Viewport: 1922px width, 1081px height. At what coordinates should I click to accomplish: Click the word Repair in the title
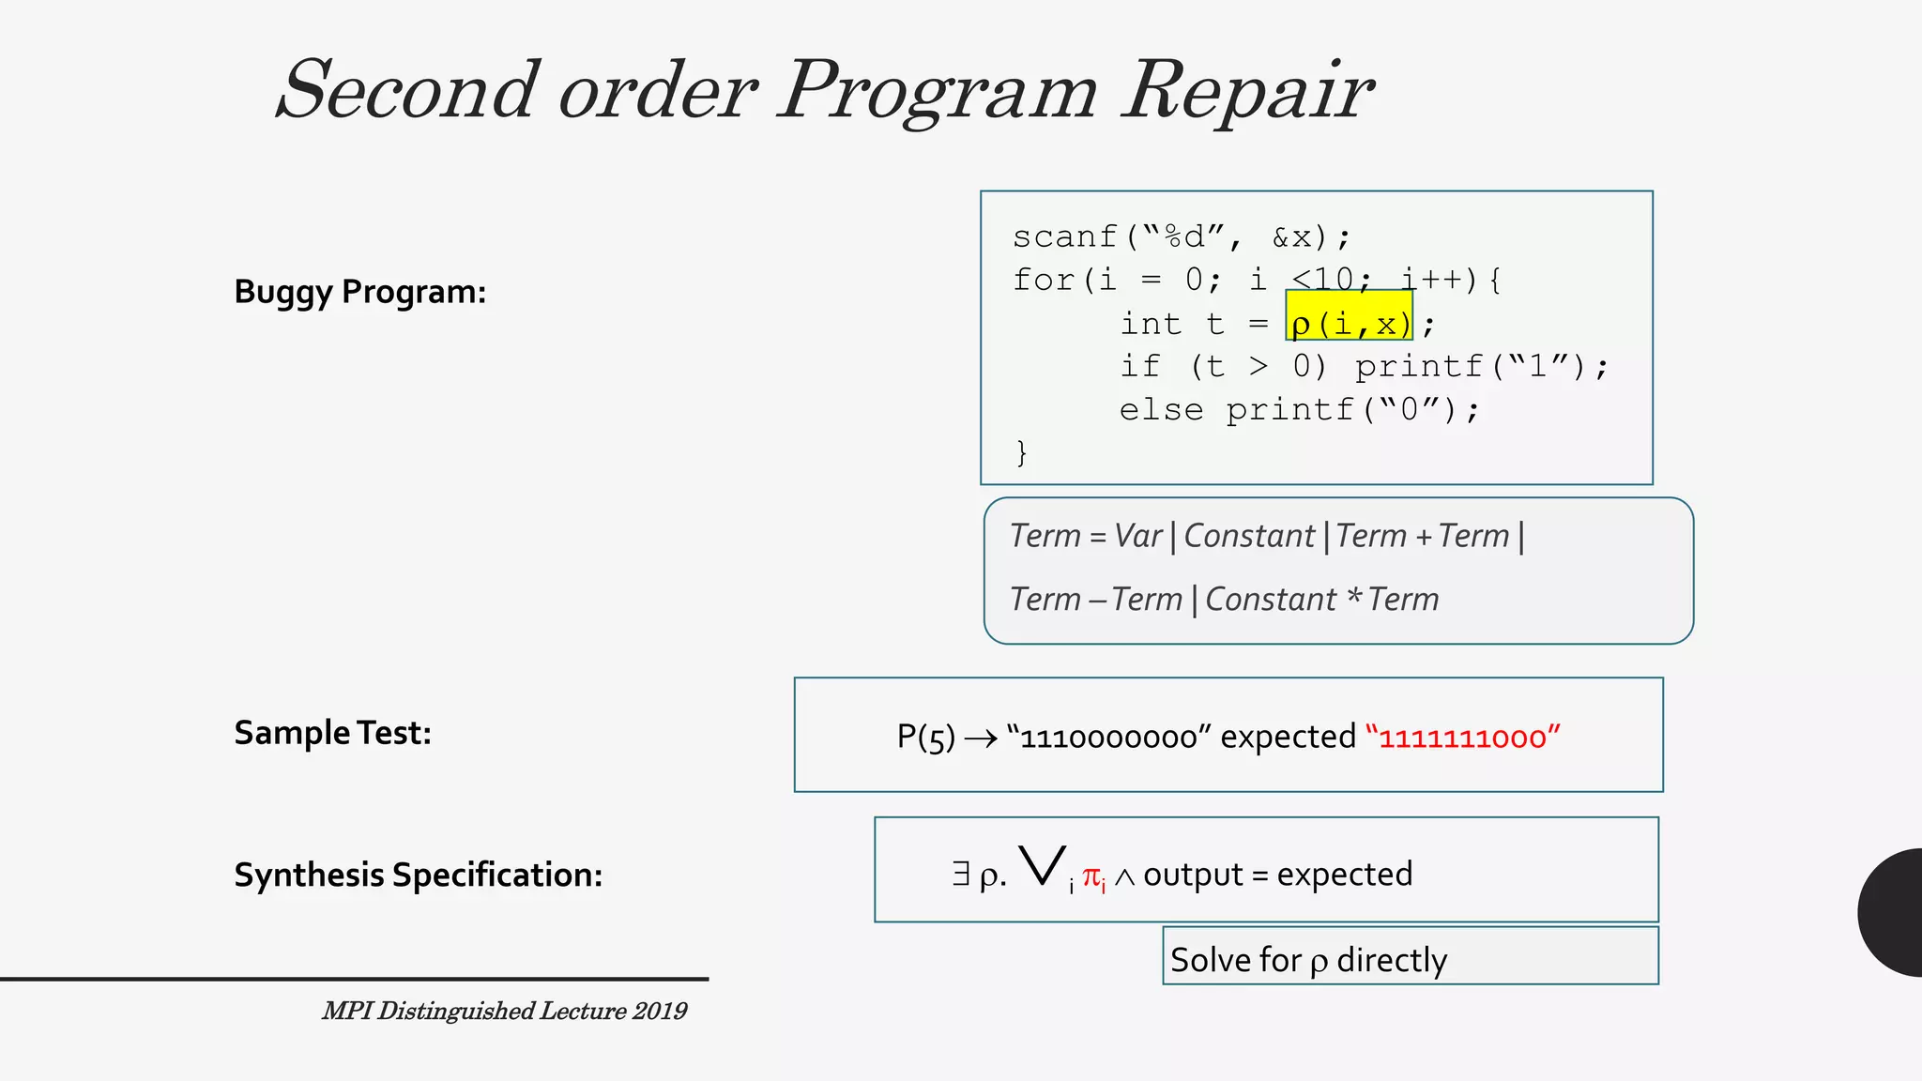pos(1248,91)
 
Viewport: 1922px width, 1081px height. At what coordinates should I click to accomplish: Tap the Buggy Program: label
pos(359,292)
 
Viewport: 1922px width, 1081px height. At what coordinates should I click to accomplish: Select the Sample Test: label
pos(332,733)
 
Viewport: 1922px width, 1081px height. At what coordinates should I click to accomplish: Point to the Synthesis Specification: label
pos(418,875)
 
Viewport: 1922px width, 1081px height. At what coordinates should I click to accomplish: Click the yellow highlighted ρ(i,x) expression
pos(1350,324)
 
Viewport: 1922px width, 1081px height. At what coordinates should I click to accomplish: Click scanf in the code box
pos(1065,236)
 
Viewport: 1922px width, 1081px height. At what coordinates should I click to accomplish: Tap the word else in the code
pos(1161,410)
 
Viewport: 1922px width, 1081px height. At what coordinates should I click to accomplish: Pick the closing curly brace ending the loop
pos(1022,453)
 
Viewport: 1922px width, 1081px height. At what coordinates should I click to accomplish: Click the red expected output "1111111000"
pos(1463,737)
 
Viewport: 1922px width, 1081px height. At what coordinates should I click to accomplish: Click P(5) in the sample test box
pos(925,737)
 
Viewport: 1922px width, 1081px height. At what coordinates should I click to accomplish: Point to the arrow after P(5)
pos(981,739)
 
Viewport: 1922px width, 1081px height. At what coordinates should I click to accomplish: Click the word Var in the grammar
pos(1137,536)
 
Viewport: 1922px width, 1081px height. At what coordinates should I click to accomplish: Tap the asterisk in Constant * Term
pos(1353,596)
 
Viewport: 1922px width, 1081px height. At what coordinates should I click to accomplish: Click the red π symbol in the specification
pos(1091,876)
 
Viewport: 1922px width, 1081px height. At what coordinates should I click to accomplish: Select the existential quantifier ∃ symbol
pos(961,874)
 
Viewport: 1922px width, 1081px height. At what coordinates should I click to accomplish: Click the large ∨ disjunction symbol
pos(1043,865)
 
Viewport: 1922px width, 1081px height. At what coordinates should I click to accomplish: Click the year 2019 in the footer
pos(659,1011)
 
